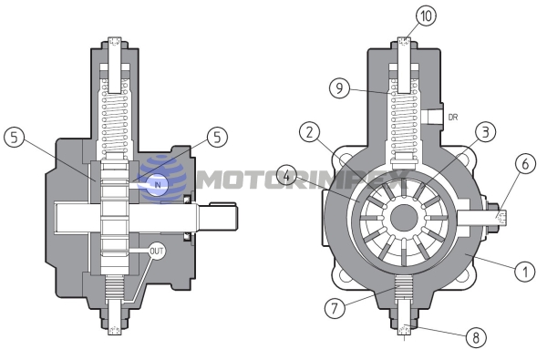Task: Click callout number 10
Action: click(x=427, y=15)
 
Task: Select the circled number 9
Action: click(x=339, y=87)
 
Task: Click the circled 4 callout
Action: click(x=286, y=176)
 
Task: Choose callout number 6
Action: click(x=525, y=164)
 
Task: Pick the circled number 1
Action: click(x=525, y=271)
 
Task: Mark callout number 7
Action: click(x=335, y=308)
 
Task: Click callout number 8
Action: click(x=476, y=337)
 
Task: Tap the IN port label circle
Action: click(x=158, y=184)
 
